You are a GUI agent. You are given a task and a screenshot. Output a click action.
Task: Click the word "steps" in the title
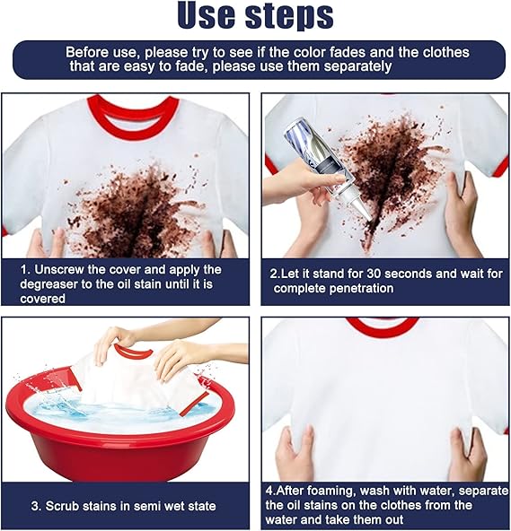[289, 16]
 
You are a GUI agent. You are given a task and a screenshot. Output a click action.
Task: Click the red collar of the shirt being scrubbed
[132, 353]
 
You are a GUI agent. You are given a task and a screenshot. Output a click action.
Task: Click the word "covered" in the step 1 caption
[43, 299]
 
